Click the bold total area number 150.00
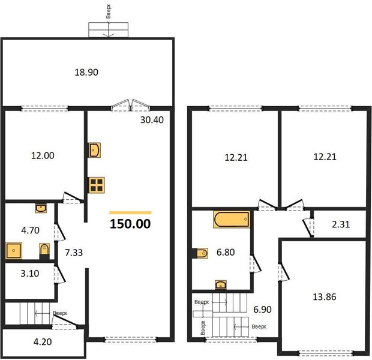pos(130,224)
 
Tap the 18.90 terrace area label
pos(86,72)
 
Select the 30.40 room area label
pos(152,120)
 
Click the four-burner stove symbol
pos(97,185)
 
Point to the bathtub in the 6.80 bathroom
pos(232,219)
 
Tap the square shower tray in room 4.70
pos(14,250)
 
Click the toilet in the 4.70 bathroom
pos(44,251)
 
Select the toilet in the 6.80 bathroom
pos(200,253)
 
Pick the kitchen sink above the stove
pos(94,150)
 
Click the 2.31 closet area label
pos(341,224)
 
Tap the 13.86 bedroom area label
pos(325,297)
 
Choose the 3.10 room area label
pos(30,274)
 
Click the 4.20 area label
pos(43,342)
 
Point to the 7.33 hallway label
pos(74,253)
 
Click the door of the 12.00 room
pos(72,197)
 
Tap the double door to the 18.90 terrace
pos(130,106)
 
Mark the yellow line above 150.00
pos(130,212)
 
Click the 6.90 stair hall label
pos(262,310)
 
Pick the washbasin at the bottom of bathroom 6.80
pos(221,284)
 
